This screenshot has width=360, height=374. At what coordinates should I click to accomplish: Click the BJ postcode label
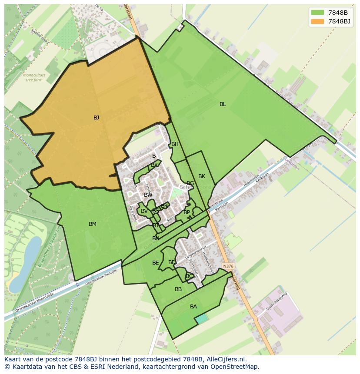click(96, 118)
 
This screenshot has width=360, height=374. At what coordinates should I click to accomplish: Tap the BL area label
click(223, 104)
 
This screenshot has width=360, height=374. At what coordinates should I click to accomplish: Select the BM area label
click(93, 224)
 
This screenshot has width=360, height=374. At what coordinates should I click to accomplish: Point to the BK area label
click(202, 176)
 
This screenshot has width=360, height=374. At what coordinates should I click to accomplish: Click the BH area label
click(175, 144)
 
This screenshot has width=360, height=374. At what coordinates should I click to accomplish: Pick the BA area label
click(193, 307)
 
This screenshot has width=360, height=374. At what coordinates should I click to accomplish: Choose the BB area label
click(178, 289)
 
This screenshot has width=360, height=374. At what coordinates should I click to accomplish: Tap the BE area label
click(155, 263)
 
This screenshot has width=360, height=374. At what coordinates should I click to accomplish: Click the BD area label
click(172, 262)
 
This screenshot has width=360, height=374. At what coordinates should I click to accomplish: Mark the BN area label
click(156, 238)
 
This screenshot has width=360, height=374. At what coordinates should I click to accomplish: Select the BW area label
click(148, 195)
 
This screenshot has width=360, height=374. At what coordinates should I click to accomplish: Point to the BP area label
click(187, 212)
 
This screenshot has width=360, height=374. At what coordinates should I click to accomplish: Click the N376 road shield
click(227, 266)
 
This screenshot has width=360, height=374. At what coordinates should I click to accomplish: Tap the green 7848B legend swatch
click(318, 13)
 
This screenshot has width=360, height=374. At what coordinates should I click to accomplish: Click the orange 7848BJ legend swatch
click(318, 21)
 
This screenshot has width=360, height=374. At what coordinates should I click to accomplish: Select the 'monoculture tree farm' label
click(34, 77)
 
